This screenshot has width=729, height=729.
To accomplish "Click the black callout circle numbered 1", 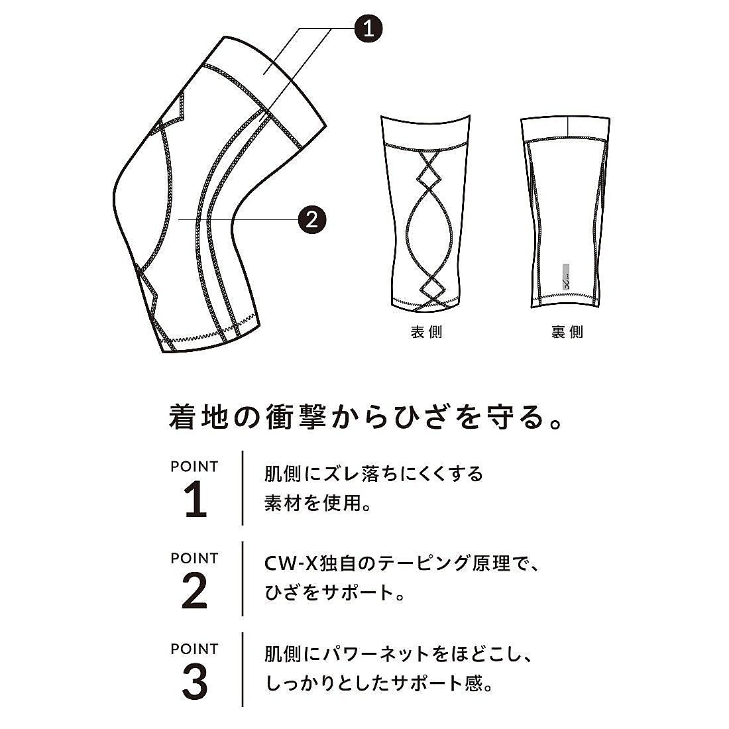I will pos(370,28).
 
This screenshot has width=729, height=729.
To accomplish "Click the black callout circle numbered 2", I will pos(313,218).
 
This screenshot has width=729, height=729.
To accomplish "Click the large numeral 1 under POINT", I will pos(195,502).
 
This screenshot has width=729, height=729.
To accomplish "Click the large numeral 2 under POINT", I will pos(194,592).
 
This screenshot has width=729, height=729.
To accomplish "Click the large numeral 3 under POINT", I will pos(194,682).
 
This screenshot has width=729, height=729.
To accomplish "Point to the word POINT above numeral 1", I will pos(194,467).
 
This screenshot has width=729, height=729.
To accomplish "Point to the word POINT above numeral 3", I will pos(194,648).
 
